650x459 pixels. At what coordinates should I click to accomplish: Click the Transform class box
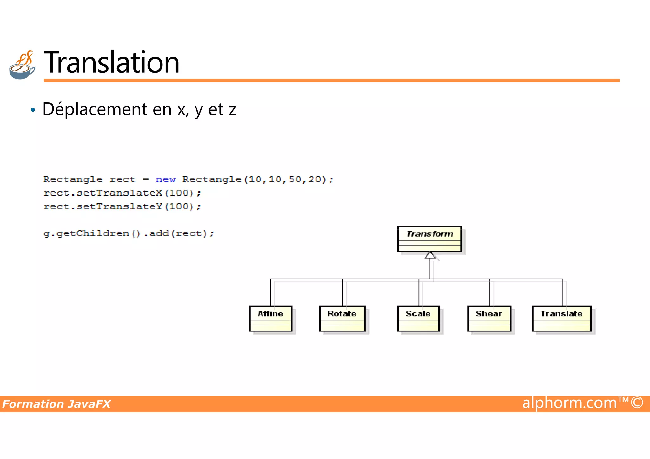[x=429, y=239]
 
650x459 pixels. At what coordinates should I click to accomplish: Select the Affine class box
[x=270, y=318]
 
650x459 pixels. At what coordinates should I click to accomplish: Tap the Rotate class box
[x=342, y=318]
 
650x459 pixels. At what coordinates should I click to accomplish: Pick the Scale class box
[x=418, y=318]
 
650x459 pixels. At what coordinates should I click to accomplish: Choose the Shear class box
[x=489, y=318]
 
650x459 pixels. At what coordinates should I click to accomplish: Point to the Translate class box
[x=561, y=318]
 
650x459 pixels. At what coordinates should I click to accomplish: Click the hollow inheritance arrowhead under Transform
[x=430, y=255]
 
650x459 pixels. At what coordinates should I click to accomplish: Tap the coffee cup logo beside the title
[x=22, y=65]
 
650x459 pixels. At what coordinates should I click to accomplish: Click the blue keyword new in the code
[x=165, y=180]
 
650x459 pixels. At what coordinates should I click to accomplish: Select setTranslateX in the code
[x=119, y=193]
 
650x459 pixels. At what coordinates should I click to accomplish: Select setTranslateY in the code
[x=119, y=207]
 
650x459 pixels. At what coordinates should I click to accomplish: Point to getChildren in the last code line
[x=93, y=233]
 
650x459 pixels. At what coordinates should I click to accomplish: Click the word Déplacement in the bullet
[x=95, y=109]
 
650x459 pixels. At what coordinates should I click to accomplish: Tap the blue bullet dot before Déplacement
[x=33, y=110]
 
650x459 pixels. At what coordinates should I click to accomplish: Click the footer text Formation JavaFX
[x=56, y=404]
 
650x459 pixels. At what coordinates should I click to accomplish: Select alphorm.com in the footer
[x=569, y=403]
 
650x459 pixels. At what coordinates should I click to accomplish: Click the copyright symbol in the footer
[x=637, y=403]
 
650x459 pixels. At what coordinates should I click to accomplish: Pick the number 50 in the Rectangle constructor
[x=295, y=180]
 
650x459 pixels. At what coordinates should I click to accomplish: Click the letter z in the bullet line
[x=233, y=110]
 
